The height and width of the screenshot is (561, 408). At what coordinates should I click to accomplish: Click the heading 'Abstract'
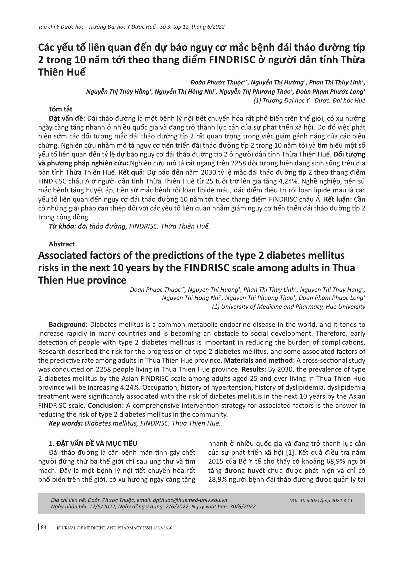[x=62, y=244]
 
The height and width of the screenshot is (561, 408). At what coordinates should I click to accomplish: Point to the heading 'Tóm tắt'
[x=61, y=109]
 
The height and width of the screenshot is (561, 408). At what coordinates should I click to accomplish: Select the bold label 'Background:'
[x=68, y=325]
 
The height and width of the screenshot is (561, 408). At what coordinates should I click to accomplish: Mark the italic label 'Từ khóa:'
[x=62, y=226]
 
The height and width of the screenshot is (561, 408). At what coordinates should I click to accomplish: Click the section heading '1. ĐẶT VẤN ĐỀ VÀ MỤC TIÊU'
[x=93, y=443]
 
